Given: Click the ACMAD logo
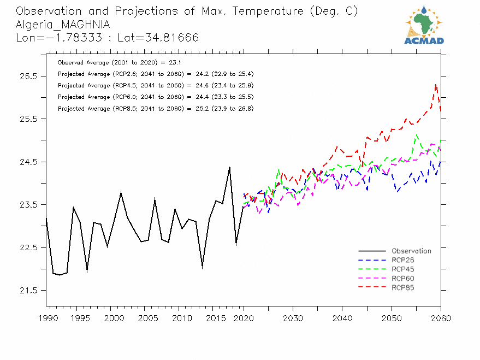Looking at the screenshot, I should pyautogui.click(x=424, y=25).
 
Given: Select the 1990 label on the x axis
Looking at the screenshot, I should pyautogui.click(x=46, y=318).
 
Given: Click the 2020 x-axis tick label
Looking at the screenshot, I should pyautogui.click(x=243, y=318).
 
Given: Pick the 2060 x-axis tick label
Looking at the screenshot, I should pyautogui.click(x=440, y=318).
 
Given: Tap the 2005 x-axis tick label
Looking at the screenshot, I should pyautogui.click(x=145, y=318).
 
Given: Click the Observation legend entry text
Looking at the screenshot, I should pyautogui.click(x=411, y=251).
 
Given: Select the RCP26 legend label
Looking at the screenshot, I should pyautogui.click(x=403, y=260).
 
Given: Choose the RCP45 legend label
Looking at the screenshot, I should pyautogui.click(x=403, y=269).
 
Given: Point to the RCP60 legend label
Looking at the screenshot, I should pyautogui.click(x=403, y=278).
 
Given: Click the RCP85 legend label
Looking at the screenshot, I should pyautogui.click(x=403, y=287).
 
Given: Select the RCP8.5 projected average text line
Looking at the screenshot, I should pyautogui.click(x=155, y=109).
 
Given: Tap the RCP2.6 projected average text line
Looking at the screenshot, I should pyautogui.click(x=155, y=74).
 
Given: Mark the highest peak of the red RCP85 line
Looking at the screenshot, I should pyautogui.click(x=435, y=84).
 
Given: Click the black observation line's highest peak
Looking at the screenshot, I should pyautogui.click(x=229, y=167).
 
